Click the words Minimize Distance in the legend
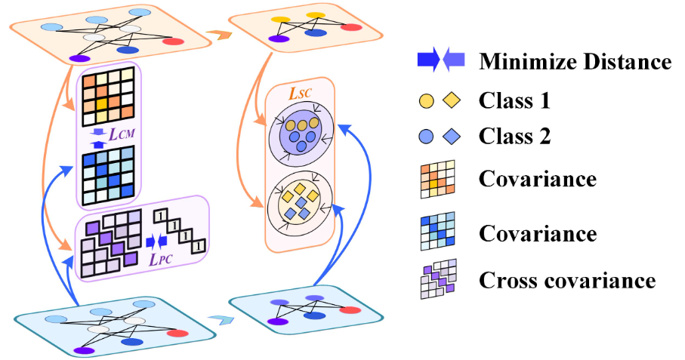575,62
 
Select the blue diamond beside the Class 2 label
451,137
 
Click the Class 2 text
515,137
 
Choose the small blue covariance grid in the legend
438,232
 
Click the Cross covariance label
567,281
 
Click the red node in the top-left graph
173,40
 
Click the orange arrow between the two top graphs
219,35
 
